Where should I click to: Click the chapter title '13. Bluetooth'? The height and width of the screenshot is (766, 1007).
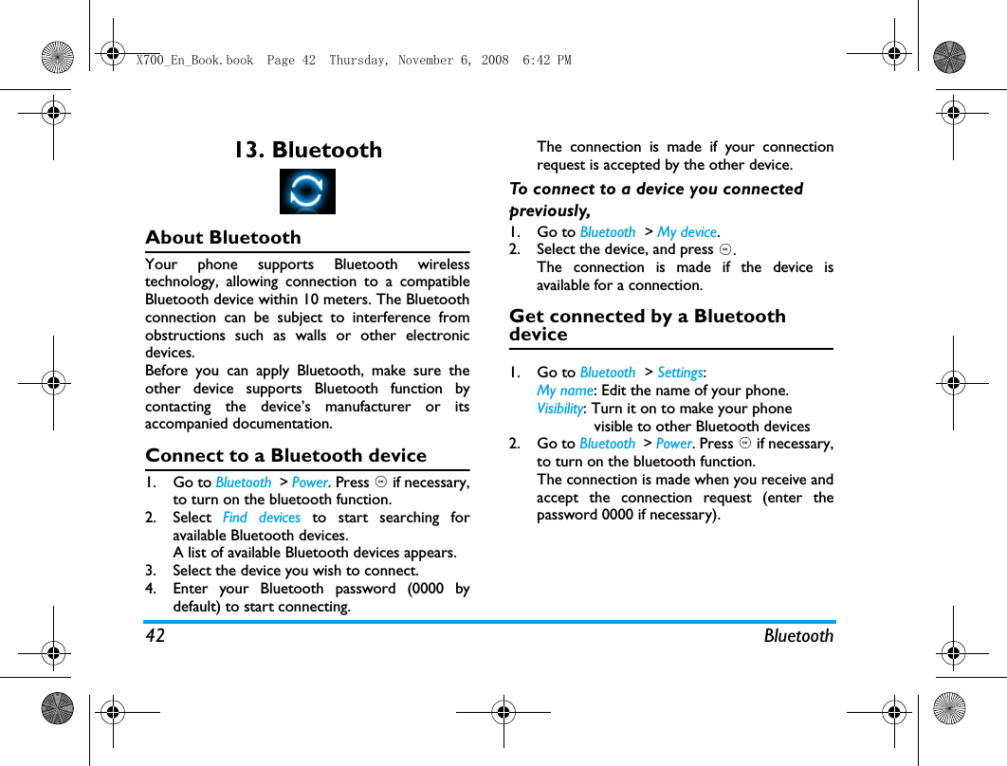(x=308, y=150)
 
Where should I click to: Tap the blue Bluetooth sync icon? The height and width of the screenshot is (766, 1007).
(x=307, y=191)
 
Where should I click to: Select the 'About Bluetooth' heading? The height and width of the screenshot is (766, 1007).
(x=223, y=238)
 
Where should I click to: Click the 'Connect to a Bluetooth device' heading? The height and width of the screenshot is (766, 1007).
(x=285, y=456)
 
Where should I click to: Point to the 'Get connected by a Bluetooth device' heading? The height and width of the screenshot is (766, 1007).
(x=647, y=325)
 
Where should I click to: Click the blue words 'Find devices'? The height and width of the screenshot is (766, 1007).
(x=261, y=518)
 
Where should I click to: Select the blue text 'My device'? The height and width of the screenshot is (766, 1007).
(x=687, y=232)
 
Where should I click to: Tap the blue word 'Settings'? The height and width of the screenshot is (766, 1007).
(x=680, y=373)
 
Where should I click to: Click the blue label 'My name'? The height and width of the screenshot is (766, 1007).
(x=564, y=391)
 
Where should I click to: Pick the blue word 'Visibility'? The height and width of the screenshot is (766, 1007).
(x=559, y=409)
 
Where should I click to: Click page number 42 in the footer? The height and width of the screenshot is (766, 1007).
(x=155, y=636)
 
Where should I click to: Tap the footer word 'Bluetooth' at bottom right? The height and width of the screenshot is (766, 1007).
(x=798, y=636)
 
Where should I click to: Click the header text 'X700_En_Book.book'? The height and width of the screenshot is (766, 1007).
(x=194, y=61)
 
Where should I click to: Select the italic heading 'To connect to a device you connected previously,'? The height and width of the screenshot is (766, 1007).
(x=655, y=199)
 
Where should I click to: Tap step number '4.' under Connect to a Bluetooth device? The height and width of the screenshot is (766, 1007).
(x=152, y=589)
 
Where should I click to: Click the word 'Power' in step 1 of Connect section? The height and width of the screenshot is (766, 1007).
(x=309, y=483)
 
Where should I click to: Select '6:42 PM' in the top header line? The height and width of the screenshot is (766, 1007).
(x=547, y=61)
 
